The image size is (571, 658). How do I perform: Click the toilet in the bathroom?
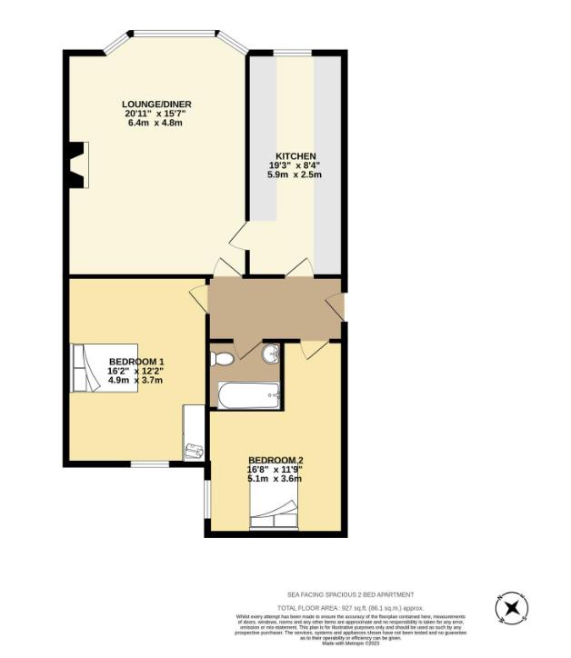pyautogui.click(x=221, y=359)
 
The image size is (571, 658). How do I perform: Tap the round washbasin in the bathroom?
pyautogui.click(x=269, y=354)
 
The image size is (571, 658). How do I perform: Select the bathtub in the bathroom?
pyautogui.click(x=248, y=394)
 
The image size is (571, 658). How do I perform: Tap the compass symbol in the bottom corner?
pyautogui.click(x=510, y=608)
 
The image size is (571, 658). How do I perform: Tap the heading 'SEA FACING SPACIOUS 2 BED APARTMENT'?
pyautogui.click(x=350, y=593)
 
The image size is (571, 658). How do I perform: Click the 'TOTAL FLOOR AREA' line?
pyautogui.click(x=350, y=607)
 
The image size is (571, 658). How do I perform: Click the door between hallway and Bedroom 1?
pyautogui.click(x=200, y=301)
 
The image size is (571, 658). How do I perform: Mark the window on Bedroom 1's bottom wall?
pyautogui.click(x=149, y=464)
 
